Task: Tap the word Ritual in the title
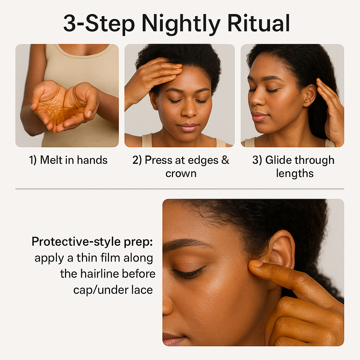259,23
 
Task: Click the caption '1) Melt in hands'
69,160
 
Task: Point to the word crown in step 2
181,174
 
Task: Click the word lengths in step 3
295,173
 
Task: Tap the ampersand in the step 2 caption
225,160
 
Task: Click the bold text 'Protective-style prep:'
92,242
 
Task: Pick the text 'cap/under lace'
113,290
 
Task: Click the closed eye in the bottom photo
189,272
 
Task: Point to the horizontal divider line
180,189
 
